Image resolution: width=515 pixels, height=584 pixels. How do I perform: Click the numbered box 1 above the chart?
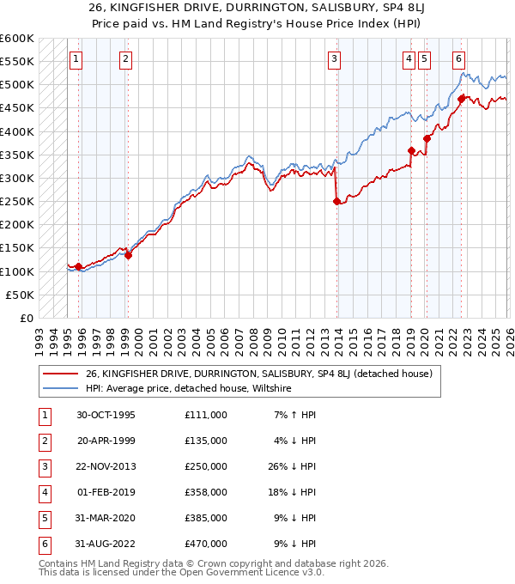coord(76,58)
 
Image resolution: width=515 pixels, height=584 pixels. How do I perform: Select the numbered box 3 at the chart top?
coord(334,58)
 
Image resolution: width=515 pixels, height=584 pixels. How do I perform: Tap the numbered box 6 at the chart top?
coord(459,58)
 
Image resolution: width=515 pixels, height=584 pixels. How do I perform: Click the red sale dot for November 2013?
coord(336,202)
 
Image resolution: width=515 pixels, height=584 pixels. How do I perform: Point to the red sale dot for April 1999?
coord(128,255)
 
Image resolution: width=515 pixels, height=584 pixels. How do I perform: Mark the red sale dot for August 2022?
coord(461,99)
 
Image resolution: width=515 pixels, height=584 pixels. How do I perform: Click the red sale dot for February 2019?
coord(411,151)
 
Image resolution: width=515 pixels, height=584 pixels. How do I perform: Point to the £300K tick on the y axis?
coord(17,178)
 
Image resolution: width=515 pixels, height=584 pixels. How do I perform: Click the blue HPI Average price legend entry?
coord(189,389)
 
